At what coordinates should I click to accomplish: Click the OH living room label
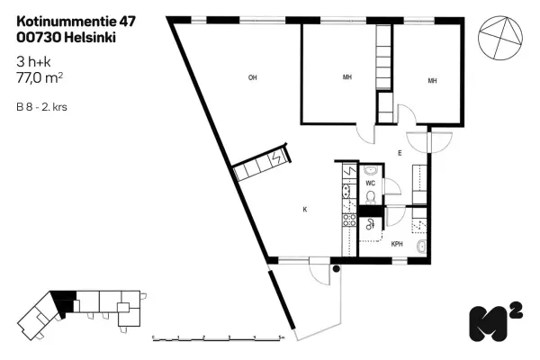click(253, 78)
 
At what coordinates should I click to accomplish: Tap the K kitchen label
click(305, 209)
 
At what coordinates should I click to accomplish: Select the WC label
click(370, 183)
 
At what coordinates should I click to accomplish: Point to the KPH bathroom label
click(396, 244)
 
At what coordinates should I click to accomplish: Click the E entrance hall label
click(399, 153)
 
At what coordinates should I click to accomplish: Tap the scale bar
click(219, 337)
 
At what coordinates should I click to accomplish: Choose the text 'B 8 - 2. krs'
click(41, 107)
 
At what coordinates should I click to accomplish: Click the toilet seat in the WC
click(370, 196)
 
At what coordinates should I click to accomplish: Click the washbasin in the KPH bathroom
click(421, 244)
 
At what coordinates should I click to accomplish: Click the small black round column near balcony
click(337, 267)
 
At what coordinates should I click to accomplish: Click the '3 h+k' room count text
click(34, 62)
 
